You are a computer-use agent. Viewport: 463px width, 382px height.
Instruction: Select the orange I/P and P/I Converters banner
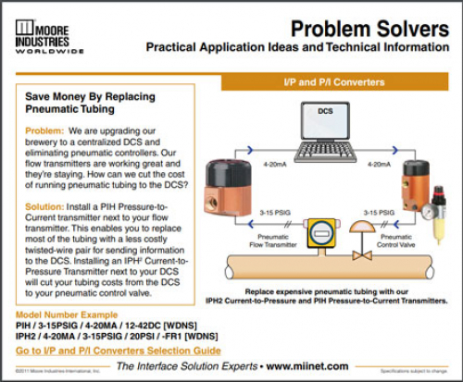(x=336, y=82)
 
